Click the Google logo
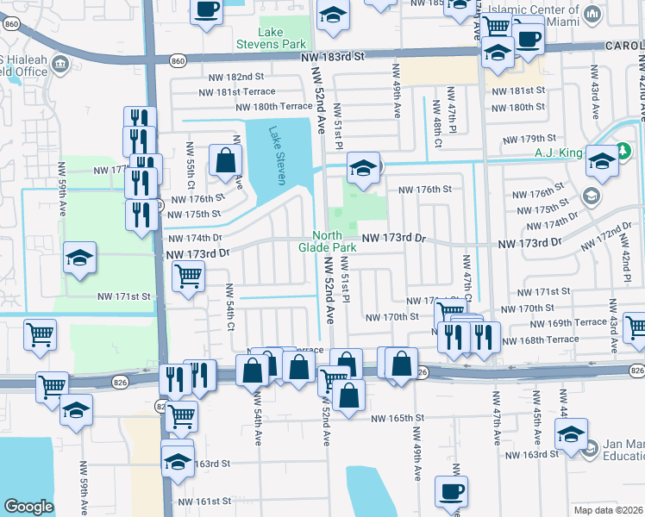tap(28, 507)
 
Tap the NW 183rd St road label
tap(335, 56)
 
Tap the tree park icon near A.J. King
tap(601, 160)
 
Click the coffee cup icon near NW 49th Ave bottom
tap(450, 492)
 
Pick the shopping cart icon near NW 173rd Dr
tap(189, 277)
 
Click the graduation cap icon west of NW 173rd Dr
tap(79, 258)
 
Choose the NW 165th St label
tap(398, 419)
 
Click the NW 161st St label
tap(204, 501)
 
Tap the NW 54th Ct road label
tap(231, 307)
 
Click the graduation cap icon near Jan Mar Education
tap(571, 436)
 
